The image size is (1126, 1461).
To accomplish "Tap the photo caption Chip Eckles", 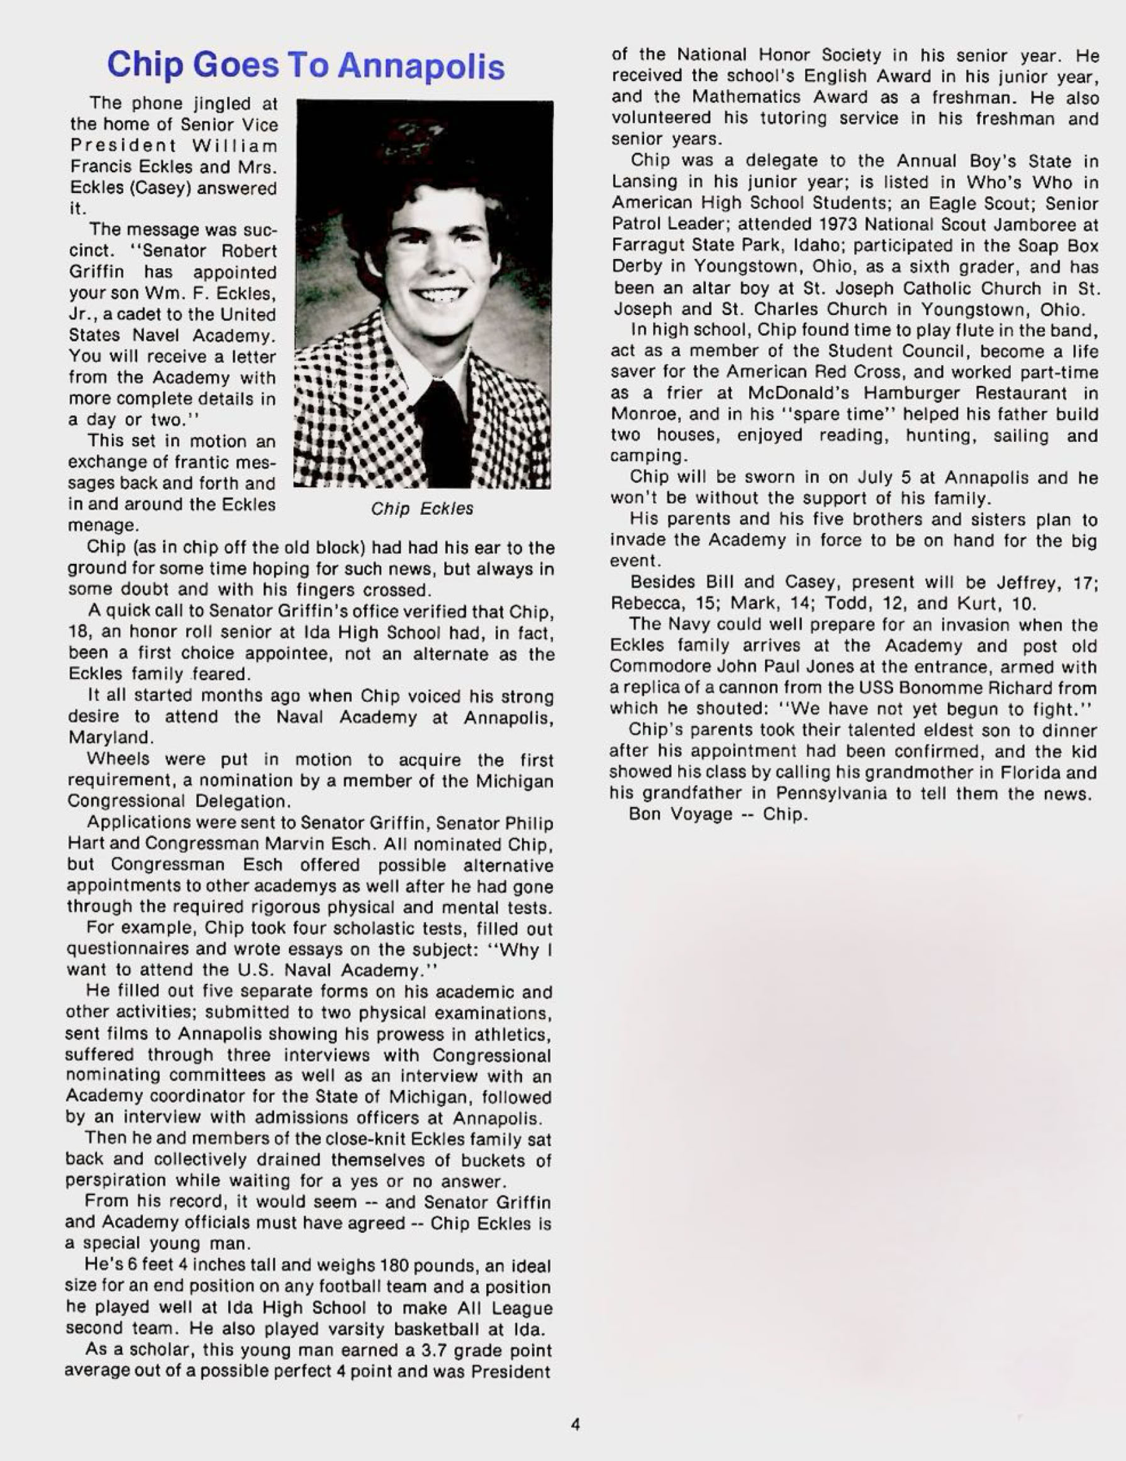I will pyautogui.click(x=421, y=509).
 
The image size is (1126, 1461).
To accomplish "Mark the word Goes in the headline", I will pyautogui.click(x=237, y=65).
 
